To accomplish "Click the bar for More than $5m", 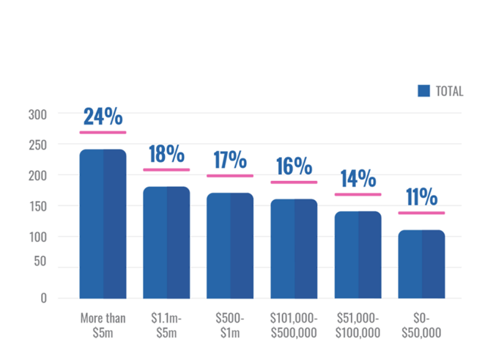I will pos(103,224).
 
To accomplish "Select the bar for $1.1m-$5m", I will pos(166,242).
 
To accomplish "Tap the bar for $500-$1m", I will pos(230,246).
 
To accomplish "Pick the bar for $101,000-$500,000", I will pos(294,249).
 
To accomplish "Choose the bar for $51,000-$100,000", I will pos(358,254).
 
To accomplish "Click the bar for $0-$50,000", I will pos(421,264).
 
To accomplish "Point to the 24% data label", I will pos(103,117).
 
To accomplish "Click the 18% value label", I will pos(166,154).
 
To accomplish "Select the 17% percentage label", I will pos(230,160).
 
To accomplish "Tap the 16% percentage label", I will pos(294,166).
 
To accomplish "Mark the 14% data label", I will pos(358,179).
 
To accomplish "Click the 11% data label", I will pos(421,197).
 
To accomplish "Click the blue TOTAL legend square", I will pos(423,91).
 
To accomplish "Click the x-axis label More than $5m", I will pos(103,325).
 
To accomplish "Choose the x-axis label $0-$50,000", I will pos(421,325).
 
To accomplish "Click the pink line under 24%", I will pos(103,133).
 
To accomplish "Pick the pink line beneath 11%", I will pos(421,213).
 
